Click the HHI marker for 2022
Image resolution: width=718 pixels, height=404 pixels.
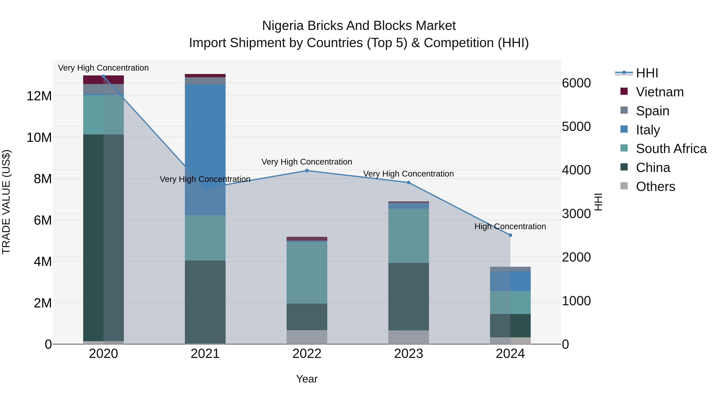click(307, 170)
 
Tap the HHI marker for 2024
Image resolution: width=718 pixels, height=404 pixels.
click(510, 235)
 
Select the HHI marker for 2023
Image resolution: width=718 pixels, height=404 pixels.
click(409, 182)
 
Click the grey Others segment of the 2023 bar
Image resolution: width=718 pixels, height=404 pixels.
click(409, 337)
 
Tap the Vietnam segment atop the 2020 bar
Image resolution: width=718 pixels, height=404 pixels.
click(103, 80)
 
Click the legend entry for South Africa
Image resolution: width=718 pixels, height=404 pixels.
click(671, 149)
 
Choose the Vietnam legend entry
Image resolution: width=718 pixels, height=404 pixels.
click(660, 92)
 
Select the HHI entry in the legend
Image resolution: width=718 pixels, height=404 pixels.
click(647, 73)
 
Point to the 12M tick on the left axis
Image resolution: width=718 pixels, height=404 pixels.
click(39, 96)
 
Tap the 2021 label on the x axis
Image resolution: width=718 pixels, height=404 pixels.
click(205, 354)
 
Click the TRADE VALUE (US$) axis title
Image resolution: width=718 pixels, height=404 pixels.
click(6, 202)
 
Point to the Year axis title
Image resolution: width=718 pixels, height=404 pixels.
click(307, 379)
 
